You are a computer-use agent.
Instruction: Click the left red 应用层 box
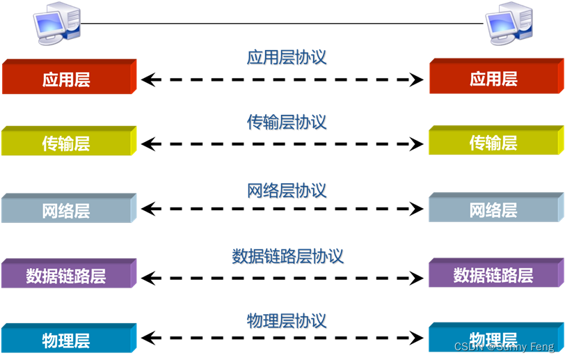[x=66, y=79]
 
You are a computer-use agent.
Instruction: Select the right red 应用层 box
[x=493, y=79]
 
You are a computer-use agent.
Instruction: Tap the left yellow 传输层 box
[x=66, y=143]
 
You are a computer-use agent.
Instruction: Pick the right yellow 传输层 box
[x=493, y=143]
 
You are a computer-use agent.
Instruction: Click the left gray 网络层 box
[x=66, y=210]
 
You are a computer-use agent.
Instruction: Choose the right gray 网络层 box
[x=493, y=210]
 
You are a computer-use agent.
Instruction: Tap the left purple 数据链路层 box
[x=66, y=275]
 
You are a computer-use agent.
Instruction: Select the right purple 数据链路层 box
[x=493, y=275]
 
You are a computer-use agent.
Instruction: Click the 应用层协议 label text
[x=287, y=57]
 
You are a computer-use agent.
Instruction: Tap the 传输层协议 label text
[x=287, y=123]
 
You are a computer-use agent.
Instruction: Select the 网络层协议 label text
[x=287, y=190]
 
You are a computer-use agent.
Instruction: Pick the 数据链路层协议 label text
[x=287, y=256]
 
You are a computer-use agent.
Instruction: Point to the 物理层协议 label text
[x=287, y=321]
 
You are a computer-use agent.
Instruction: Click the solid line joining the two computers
[x=282, y=23]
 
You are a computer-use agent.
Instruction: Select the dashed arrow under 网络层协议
[x=282, y=208]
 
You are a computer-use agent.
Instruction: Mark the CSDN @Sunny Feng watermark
[x=504, y=347]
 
